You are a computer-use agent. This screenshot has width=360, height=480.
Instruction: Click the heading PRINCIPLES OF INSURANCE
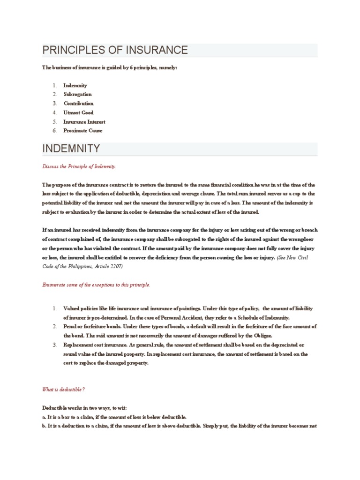pos(115,50)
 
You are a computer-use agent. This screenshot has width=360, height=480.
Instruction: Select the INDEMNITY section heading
pos(71,149)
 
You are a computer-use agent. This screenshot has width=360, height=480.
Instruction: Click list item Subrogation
pos(78,94)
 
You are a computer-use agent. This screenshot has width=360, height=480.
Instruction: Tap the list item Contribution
pos(79,104)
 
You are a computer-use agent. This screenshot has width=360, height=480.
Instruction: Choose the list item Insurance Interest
pos(84,122)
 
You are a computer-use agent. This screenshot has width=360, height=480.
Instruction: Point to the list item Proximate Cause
pos(83,131)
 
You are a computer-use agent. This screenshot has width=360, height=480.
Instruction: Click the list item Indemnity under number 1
pos(75,85)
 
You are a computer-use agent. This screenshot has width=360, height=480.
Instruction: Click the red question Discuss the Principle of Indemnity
pos(79,166)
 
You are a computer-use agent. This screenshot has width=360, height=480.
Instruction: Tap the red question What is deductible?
pos(63,390)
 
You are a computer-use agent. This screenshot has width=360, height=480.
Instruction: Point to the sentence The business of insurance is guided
pos(110,68)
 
